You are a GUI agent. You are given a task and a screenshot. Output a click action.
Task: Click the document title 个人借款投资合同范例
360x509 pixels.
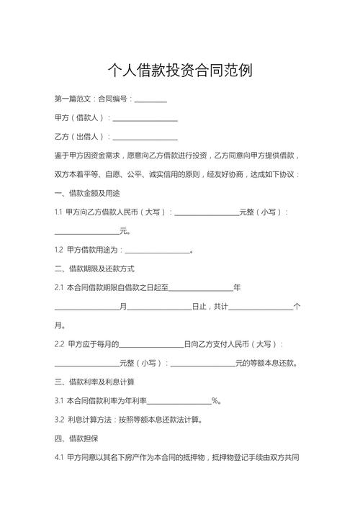click(179, 71)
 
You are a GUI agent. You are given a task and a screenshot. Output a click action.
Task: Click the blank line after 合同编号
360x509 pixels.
click(150, 99)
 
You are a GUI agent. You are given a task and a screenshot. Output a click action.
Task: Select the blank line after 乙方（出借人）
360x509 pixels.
click(145, 137)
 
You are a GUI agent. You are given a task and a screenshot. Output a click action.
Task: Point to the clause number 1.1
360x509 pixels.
click(58, 212)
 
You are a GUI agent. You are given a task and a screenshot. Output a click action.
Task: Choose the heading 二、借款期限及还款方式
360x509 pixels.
click(94, 269)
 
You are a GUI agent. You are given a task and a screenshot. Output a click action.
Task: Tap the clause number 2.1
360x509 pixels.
click(59, 287)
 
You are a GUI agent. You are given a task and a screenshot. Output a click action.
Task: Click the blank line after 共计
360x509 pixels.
click(261, 307)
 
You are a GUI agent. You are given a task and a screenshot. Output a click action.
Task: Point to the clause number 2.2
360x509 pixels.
click(59, 344)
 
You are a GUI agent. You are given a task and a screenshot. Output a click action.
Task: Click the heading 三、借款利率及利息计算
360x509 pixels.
click(94, 382)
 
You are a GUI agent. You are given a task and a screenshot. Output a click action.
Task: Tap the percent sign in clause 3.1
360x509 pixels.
click(215, 401)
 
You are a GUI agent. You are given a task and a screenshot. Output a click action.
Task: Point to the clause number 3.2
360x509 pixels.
click(59, 420)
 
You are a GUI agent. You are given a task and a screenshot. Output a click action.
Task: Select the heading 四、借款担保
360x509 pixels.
click(76, 438)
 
